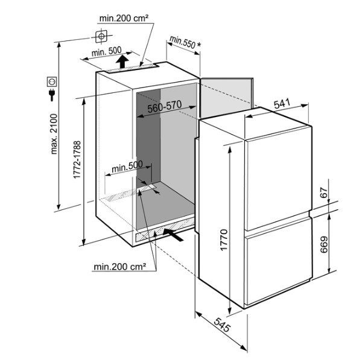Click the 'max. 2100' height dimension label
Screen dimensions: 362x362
(x=54, y=134)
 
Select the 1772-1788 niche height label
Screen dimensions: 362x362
(x=77, y=159)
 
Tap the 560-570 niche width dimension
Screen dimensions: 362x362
(x=165, y=107)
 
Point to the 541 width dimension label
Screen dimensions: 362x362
(x=282, y=104)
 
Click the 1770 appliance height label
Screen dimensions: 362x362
(x=224, y=240)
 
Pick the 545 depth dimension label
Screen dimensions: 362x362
(x=222, y=325)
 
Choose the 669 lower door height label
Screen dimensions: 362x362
(x=324, y=244)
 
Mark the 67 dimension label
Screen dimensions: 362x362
(x=324, y=193)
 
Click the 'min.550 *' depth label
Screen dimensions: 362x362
(x=185, y=43)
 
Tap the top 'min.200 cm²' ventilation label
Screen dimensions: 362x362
(x=124, y=18)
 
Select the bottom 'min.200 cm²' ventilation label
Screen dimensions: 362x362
(x=120, y=267)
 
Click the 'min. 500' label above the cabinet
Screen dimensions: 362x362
(x=106, y=52)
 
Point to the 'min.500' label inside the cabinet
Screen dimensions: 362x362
(x=127, y=167)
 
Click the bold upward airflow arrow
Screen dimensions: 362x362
(x=122, y=62)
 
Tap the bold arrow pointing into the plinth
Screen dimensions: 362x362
(x=173, y=235)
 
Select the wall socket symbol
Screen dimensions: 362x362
(x=52, y=81)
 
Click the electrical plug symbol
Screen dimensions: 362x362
(x=52, y=95)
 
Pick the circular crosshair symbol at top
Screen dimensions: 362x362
(x=101, y=36)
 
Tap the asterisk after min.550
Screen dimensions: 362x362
(x=198, y=45)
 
